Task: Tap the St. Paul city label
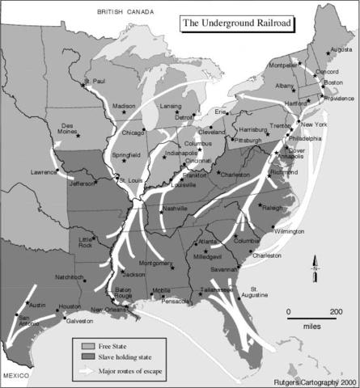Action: coord(96,81)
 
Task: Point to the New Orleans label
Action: coord(109,310)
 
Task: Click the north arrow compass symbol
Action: coord(317,272)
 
